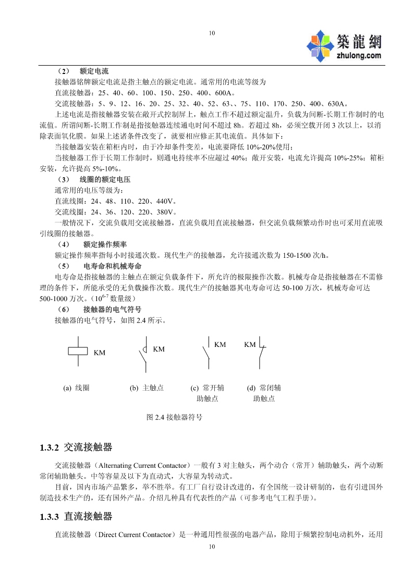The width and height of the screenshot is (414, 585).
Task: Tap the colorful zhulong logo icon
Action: click(320, 44)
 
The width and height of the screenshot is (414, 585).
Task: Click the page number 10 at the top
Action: click(211, 33)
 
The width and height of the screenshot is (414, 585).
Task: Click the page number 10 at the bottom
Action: click(211, 546)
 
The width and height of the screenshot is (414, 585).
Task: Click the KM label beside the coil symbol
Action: click(100, 353)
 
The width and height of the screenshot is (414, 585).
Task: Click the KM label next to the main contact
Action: click(159, 349)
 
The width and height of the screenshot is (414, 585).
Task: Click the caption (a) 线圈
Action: click(76, 388)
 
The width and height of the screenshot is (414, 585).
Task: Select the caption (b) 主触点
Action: click(147, 388)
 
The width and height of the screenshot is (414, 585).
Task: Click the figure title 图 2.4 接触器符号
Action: click(175, 417)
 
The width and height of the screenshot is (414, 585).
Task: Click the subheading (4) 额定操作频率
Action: click(92, 244)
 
